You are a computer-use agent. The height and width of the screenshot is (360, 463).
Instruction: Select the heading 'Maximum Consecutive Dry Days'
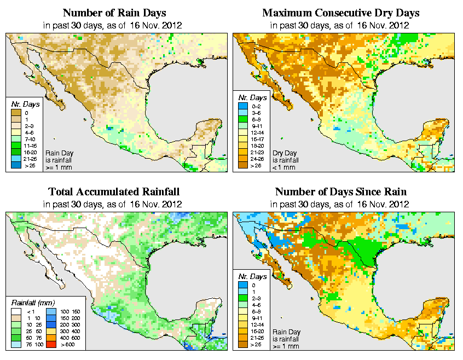point(341,13)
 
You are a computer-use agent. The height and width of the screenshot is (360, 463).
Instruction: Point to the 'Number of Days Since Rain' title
point(342,192)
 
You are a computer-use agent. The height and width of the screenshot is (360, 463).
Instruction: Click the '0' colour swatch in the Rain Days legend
point(16,113)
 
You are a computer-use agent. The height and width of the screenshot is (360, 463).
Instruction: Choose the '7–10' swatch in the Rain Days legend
point(16,139)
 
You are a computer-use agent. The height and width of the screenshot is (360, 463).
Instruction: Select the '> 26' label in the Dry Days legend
point(255,165)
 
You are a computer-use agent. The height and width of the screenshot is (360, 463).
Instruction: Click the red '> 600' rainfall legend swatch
point(50,345)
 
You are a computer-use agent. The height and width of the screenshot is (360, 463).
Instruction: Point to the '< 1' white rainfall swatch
point(16,312)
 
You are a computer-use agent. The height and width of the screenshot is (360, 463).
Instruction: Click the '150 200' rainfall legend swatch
point(50,318)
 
